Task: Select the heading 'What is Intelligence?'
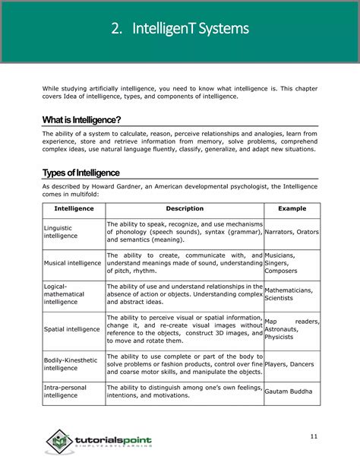(x=81, y=120)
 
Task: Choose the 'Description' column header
(x=185, y=208)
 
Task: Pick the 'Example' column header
(x=292, y=208)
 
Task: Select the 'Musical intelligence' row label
(x=73, y=263)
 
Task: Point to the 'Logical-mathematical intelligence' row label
(x=65, y=294)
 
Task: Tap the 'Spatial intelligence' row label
(x=72, y=329)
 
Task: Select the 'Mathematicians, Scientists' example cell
(x=289, y=294)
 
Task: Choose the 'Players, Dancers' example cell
(x=290, y=363)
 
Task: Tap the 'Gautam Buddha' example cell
(x=288, y=392)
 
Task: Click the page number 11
(x=314, y=436)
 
